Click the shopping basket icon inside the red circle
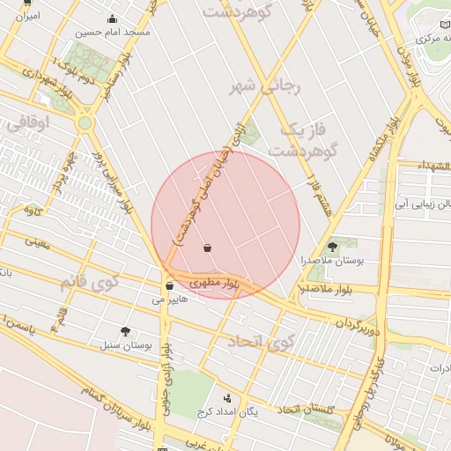click(x=207, y=248)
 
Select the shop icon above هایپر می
click(x=168, y=285)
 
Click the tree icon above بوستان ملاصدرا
click(x=332, y=248)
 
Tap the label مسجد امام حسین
click(x=113, y=32)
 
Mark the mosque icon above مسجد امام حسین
click(x=112, y=18)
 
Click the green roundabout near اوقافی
click(x=85, y=123)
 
